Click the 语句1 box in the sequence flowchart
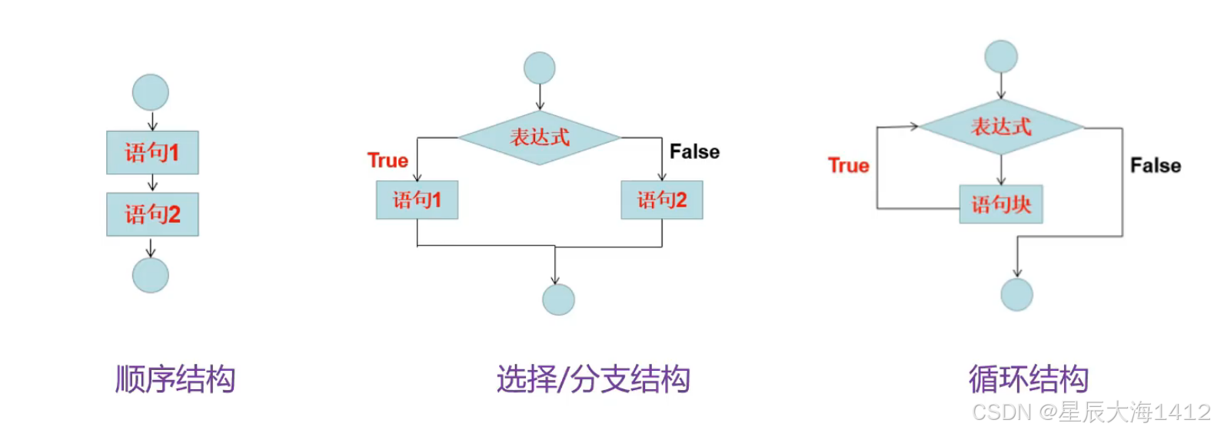click(152, 153)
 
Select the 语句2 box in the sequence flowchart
click(152, 214)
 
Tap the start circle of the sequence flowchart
click(151, 93)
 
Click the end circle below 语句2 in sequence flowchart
click(151, 275)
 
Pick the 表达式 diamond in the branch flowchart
click(540, 138)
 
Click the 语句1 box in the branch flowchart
click(417, 200)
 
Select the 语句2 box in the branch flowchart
click(661, 200)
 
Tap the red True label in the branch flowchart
click(387, 160)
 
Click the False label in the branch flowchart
click(694, 152)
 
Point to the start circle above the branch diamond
click(540, 68)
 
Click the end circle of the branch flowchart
click(558, 299)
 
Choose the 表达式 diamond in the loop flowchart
click(1001, 127)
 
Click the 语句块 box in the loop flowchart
click(1001, 204)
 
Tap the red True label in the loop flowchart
click(848, 166)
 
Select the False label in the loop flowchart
click(1155, 166)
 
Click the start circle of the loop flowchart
click(1001, 57)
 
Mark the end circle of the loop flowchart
click(1016, 294)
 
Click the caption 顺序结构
click(175, 379)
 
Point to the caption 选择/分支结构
click(593, 379)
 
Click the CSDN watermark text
click(1091, 412)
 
